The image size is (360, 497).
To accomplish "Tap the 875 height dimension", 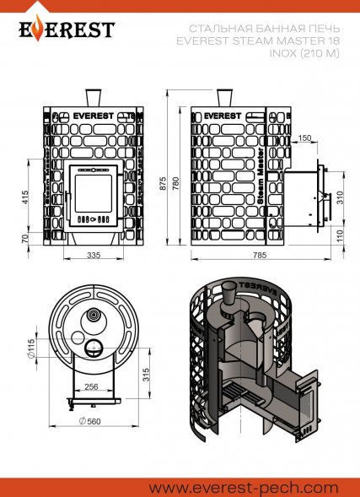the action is tap(163, 183).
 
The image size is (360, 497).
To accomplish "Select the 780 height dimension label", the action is tap(176, 183).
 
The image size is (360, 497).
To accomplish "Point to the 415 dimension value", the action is tap(24, 197).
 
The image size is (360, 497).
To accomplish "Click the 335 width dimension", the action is tap(94, 255).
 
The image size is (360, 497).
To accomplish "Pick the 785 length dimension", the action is tap(259, 255).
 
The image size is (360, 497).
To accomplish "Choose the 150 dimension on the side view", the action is tap(305, 138).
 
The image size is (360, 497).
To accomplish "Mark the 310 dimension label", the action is tap(340, 197).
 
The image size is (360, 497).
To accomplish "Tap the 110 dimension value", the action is tap(340, 236).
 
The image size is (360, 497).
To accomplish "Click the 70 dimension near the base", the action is tap(24, 238).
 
